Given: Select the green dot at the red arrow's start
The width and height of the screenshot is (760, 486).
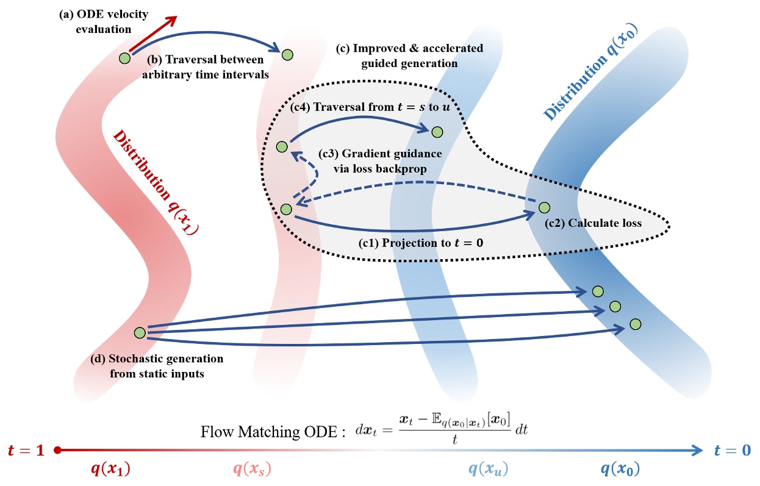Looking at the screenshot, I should point(125,59).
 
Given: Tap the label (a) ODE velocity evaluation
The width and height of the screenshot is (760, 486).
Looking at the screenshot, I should point(103,21).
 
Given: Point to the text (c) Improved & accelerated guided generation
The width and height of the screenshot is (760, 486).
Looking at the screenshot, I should point(409,55).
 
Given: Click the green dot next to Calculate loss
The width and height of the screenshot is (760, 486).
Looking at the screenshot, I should point(544,208).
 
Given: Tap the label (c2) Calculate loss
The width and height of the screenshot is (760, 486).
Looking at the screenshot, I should point(593,223).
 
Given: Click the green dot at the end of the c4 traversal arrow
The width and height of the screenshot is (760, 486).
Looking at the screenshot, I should point(437,132).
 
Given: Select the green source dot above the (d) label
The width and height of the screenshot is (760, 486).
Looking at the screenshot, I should point(140,332).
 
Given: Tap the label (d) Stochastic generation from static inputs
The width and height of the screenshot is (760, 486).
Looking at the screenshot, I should point(157,365).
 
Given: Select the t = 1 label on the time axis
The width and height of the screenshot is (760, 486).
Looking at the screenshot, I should point(27,451).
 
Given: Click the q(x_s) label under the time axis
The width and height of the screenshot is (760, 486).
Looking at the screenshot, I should point(252,470).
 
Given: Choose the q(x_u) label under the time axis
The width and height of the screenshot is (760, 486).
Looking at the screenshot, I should point(488,470).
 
